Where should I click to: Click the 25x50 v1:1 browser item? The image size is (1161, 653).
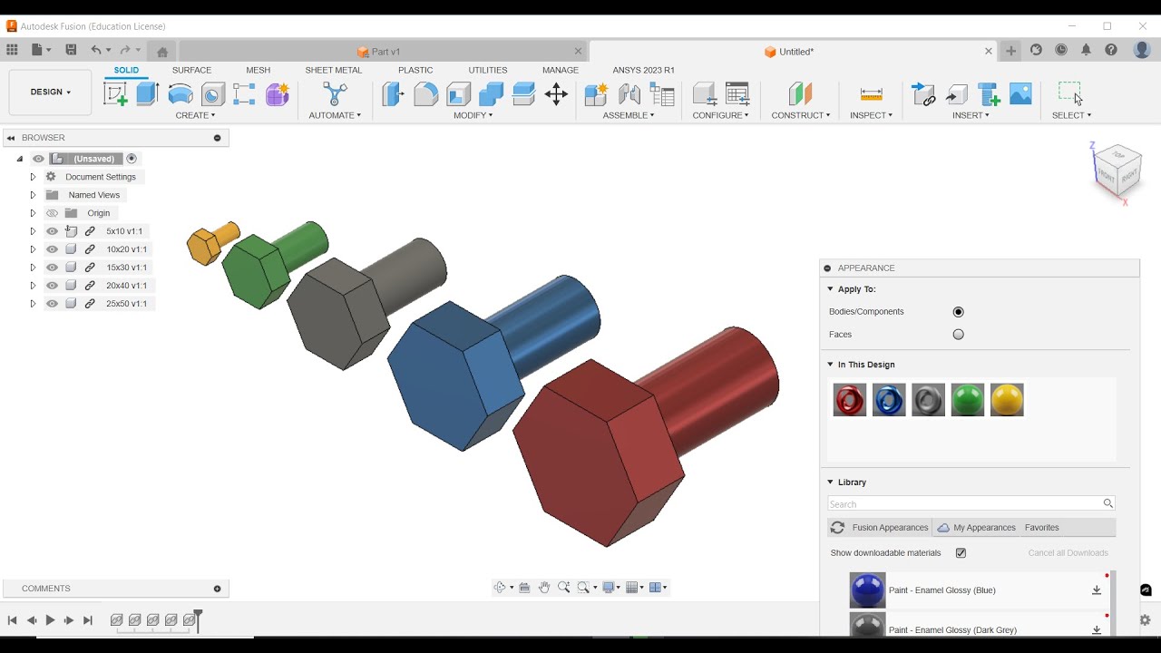point(126,304)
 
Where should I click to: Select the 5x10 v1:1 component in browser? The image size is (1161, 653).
point(124,231)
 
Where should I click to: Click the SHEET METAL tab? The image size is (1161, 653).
point(333,70)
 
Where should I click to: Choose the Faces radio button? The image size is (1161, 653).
point(958,335)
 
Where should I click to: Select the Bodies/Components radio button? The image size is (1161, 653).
point(958,312)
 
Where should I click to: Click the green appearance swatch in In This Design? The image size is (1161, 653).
point(968,400)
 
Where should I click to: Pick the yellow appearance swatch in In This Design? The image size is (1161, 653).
point(1007,400)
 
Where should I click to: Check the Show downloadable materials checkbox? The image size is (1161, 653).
point(961,553)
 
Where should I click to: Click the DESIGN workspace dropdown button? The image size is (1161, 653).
point(50,93)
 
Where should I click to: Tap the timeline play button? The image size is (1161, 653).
point(50,620)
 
